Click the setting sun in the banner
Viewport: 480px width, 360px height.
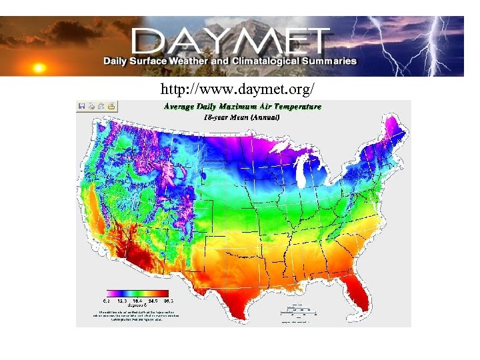(39, 67)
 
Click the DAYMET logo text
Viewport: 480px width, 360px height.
(230, 41)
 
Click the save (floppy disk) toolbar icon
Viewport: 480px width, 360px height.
(82, 105)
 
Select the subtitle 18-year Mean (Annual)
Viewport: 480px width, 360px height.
(242, 117)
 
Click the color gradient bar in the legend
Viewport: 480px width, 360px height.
(137, 292)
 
